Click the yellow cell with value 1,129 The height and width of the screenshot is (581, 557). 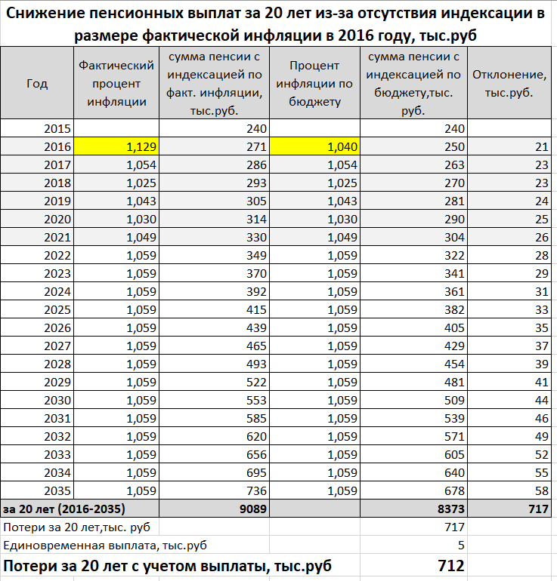tap(116, 147)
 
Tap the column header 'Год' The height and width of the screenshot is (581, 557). tap(37, 83)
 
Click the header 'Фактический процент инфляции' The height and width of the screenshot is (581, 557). tap(116, 83)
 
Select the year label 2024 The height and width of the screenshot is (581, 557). tap(57, 291)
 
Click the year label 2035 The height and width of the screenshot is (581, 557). tap(57, 491)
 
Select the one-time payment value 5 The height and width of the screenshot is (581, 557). tap(460, 545)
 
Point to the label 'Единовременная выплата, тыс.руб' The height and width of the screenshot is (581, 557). tap(106, 545)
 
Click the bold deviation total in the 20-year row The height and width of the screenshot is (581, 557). tap(537, 509)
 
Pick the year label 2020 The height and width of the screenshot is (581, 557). tap(57, 219)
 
